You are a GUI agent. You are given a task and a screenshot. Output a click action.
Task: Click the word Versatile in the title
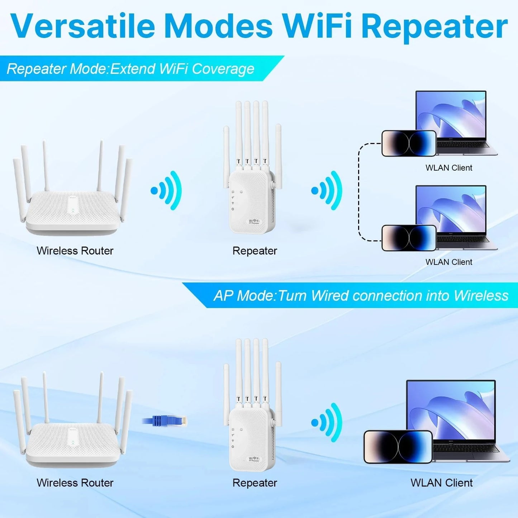83,26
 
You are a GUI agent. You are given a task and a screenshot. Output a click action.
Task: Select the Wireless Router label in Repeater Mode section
75,251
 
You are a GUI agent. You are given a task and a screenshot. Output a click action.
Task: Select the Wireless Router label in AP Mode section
75,483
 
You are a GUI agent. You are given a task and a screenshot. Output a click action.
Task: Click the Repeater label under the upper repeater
255,251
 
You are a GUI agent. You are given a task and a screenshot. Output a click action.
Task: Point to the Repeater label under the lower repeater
255,483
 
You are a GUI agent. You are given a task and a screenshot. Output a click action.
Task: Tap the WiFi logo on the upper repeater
254,222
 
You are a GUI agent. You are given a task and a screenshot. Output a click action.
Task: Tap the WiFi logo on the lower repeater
254,459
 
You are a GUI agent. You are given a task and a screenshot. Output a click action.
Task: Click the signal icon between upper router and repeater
167,190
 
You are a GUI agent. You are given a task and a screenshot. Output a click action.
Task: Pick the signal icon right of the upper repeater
327,190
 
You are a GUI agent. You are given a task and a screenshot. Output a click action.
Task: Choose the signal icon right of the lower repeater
327,423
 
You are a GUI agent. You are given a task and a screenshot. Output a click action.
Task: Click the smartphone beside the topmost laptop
409,143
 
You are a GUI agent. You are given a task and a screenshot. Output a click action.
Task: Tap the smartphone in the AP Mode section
398,447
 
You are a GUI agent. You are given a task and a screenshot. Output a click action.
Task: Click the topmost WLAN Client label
449,168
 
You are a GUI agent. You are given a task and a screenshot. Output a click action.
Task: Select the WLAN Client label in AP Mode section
442,483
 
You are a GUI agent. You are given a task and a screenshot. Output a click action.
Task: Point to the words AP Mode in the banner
244,296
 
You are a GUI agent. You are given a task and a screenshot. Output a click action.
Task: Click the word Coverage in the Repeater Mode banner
223,68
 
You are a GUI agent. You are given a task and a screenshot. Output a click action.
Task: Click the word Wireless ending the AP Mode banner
481,296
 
